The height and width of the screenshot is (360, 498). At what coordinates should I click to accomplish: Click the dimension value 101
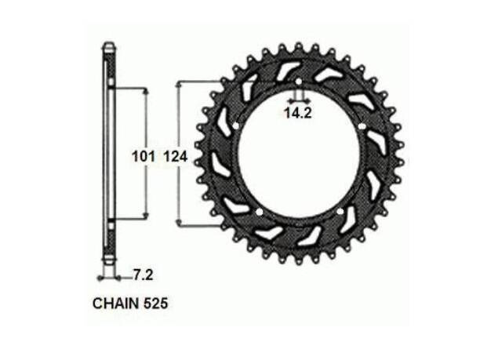click(144, 157)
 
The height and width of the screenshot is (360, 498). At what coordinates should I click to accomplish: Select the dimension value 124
click(176, 157)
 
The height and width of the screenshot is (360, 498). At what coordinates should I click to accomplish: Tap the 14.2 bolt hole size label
click(297, 113)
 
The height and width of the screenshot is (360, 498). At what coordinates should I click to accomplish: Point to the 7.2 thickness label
click(143, 275)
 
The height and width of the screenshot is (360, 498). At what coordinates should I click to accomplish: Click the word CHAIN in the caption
click(116, 304)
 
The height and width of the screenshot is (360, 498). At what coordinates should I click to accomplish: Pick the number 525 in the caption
click(155, 304)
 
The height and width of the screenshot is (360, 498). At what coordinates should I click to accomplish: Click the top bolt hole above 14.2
click(298, 82)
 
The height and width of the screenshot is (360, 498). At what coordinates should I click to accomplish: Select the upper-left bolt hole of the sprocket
click(235, 126)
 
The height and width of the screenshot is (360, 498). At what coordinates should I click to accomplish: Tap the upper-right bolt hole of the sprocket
click(361, 126)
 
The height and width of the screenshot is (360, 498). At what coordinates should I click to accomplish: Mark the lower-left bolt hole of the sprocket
click(259, 212)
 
